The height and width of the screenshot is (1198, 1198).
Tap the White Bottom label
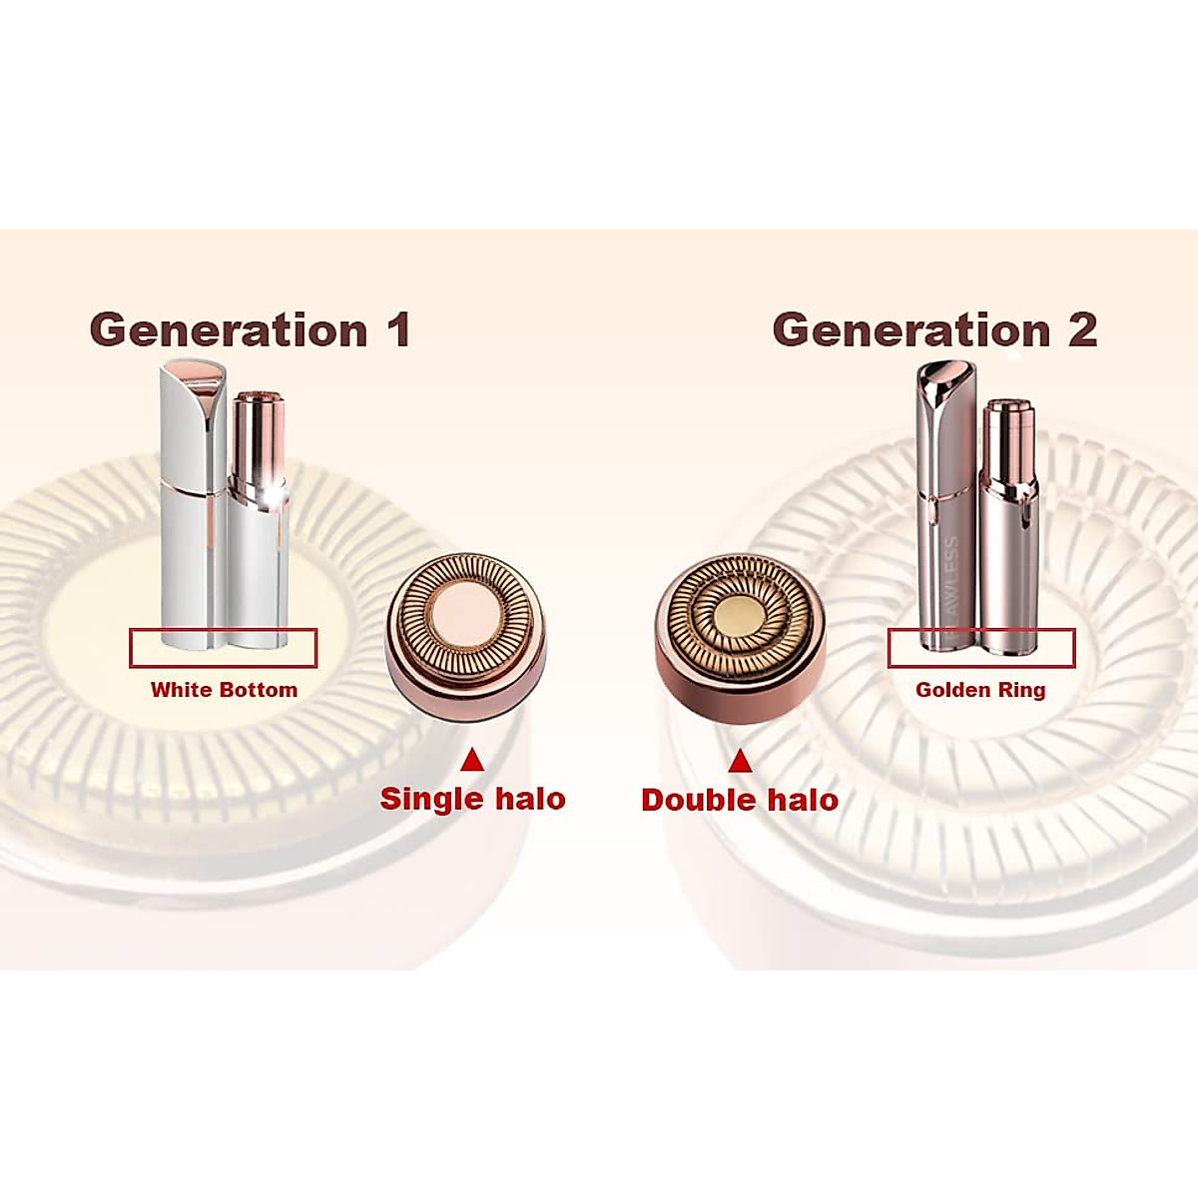coord(224,690)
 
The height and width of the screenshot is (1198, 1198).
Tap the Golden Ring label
coord(980,690)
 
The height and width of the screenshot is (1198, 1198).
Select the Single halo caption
coord(472,799)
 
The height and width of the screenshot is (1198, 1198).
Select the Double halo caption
coord(740,800)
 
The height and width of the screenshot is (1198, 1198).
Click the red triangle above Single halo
coord(472,762)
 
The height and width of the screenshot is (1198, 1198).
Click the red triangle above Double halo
coord(740,763)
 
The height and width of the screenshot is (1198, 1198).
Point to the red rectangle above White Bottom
coord(223,648)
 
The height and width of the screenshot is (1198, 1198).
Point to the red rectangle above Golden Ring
coord(981,648)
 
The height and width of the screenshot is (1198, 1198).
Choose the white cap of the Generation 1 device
coord(191,499)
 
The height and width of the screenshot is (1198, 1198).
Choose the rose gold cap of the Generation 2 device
coord(944,499)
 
